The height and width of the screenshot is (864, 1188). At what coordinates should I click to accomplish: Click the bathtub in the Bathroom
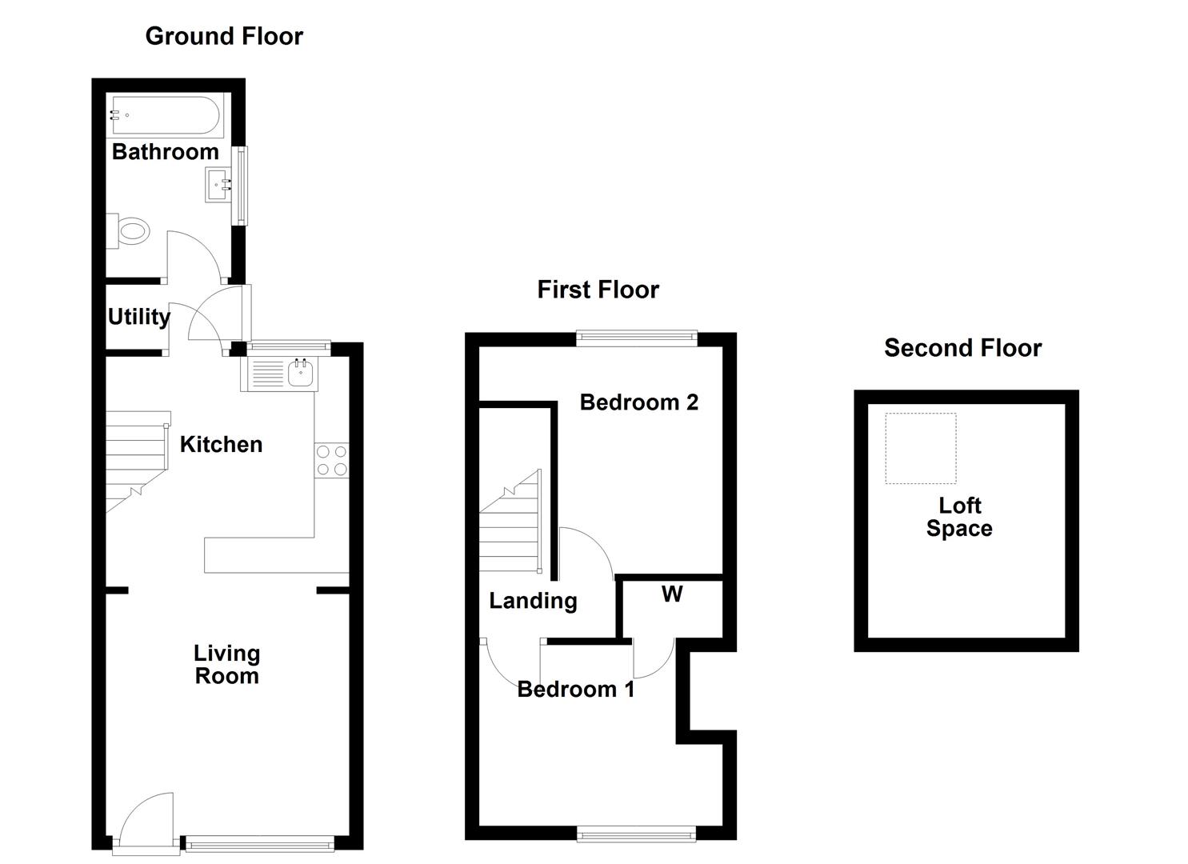tap(165, 117)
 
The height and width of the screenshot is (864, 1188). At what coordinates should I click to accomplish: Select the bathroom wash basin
tap(218, 185)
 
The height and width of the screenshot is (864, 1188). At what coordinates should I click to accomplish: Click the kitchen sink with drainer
tap(279, 374)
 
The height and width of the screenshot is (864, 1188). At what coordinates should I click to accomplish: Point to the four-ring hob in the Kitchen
tap(332, 460)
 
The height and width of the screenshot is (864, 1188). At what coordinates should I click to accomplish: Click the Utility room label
tap(139, 317)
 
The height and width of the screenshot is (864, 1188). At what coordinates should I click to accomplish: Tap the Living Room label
tap(227, 665)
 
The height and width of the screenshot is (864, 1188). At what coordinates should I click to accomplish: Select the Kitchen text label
tap(221, 445)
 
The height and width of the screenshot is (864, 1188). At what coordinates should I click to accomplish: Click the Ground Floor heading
tap(224, 36)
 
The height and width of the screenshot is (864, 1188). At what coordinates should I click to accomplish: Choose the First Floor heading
tap(598, 290)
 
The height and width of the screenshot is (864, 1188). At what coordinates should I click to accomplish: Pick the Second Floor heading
tap(962, 348)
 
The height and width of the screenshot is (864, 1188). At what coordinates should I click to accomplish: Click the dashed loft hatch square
tap(920, 448)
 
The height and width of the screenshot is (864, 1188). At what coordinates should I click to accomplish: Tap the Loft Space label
tap(959, 517)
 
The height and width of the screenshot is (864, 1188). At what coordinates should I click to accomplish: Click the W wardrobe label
tap(672, 594)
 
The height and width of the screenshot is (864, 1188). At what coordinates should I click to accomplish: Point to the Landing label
tap(533, 601)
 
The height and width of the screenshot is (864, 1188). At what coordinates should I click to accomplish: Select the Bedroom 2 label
tap(638, 402)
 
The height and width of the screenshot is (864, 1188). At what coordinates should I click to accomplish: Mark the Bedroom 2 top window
tap(637, 339)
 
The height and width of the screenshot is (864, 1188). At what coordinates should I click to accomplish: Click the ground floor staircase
tap(136, 460)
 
